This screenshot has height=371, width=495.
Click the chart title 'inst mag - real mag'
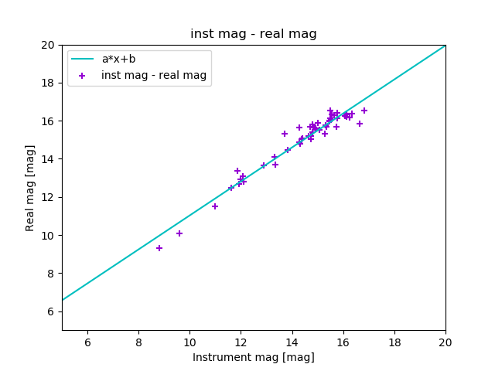click(x=254, y=34)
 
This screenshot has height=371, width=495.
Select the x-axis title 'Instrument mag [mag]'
click(x=254, y=357)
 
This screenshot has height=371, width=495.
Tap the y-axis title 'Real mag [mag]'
click(x=30, y=188)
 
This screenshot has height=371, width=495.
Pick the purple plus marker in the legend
click(x=82, y=76)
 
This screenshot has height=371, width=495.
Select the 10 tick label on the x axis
click(x=189, y=342)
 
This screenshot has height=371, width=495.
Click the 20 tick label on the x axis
click(x=445, y=342)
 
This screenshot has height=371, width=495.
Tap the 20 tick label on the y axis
click(x=48, y=45)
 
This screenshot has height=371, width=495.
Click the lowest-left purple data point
click(x=159, y=248)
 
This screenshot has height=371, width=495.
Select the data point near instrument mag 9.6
click(x=179, y=233)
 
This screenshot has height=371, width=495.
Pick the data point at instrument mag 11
click(x=215, y=206)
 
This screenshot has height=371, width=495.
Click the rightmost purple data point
click(x=364, y=111)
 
